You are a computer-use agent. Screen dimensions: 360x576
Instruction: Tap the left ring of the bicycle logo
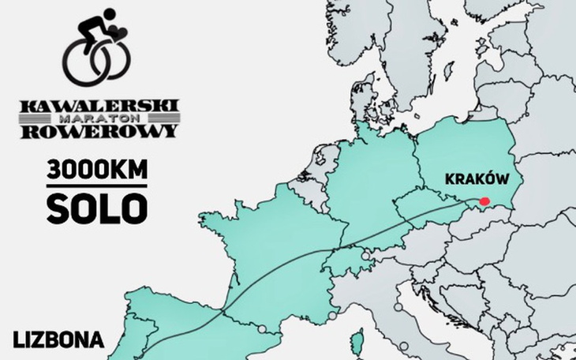(84, 63)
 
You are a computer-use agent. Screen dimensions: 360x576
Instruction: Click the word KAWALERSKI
(99, 106)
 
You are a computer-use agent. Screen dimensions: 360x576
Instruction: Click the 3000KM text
(97, 170)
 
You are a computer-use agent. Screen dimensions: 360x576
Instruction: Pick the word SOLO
(97, 207)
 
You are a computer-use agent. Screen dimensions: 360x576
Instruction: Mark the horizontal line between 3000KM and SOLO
(97, 187)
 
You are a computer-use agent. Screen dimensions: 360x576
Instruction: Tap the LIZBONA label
(58, 340)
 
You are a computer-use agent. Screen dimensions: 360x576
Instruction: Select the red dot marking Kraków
(485, 201)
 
